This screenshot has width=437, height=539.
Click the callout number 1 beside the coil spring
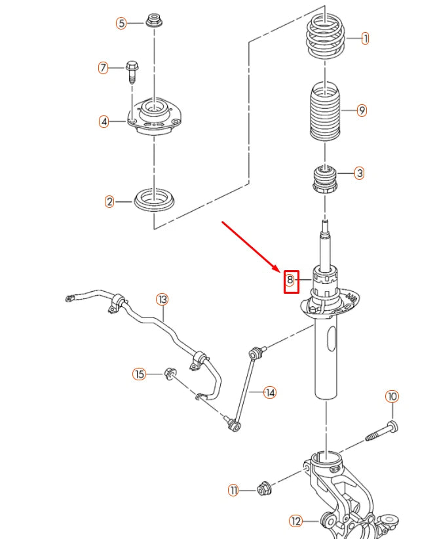click(365, 39)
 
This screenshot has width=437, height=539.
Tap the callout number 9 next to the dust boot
click(362, 111)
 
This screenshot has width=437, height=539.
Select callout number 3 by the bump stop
click(359, 174)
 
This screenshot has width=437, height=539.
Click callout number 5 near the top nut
click(121, 23)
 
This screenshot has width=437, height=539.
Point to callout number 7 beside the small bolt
click(103, 68)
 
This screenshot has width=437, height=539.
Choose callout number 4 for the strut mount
click(104, 121)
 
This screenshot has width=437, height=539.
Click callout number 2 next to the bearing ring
click(109, 201)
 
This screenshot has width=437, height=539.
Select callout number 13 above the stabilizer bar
click(162, 300)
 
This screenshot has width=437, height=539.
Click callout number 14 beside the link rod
click(270, 393)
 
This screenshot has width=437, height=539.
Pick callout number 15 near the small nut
click(139, 374)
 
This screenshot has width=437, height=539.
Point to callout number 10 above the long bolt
click(391, 397)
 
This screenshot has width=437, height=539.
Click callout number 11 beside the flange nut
click(234, 490)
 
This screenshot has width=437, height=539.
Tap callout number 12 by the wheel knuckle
click(295, 521)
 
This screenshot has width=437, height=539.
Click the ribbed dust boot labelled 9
click(324, 111)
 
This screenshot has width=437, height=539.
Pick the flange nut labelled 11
click(265, 489)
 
